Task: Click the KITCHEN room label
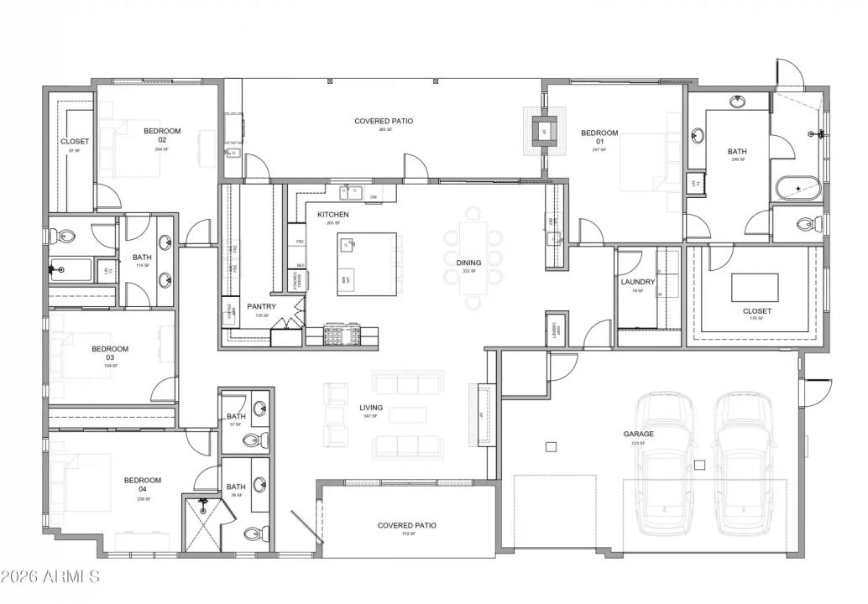click(x=332, y=215)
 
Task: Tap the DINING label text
click(x=468, y=263)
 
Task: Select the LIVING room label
click(x=371, y=408)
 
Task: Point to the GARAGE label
click(x=638, y=434)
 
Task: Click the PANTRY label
click(x=261, y=306)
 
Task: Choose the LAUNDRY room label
click(x=637, y=282)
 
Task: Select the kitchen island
click(x=367, y=264)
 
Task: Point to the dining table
click(x=473, y=260)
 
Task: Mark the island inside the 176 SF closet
click(x=754, y=287)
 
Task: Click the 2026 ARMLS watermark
click(x=50, y=576)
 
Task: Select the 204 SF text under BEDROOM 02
click(x=161, y=149)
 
